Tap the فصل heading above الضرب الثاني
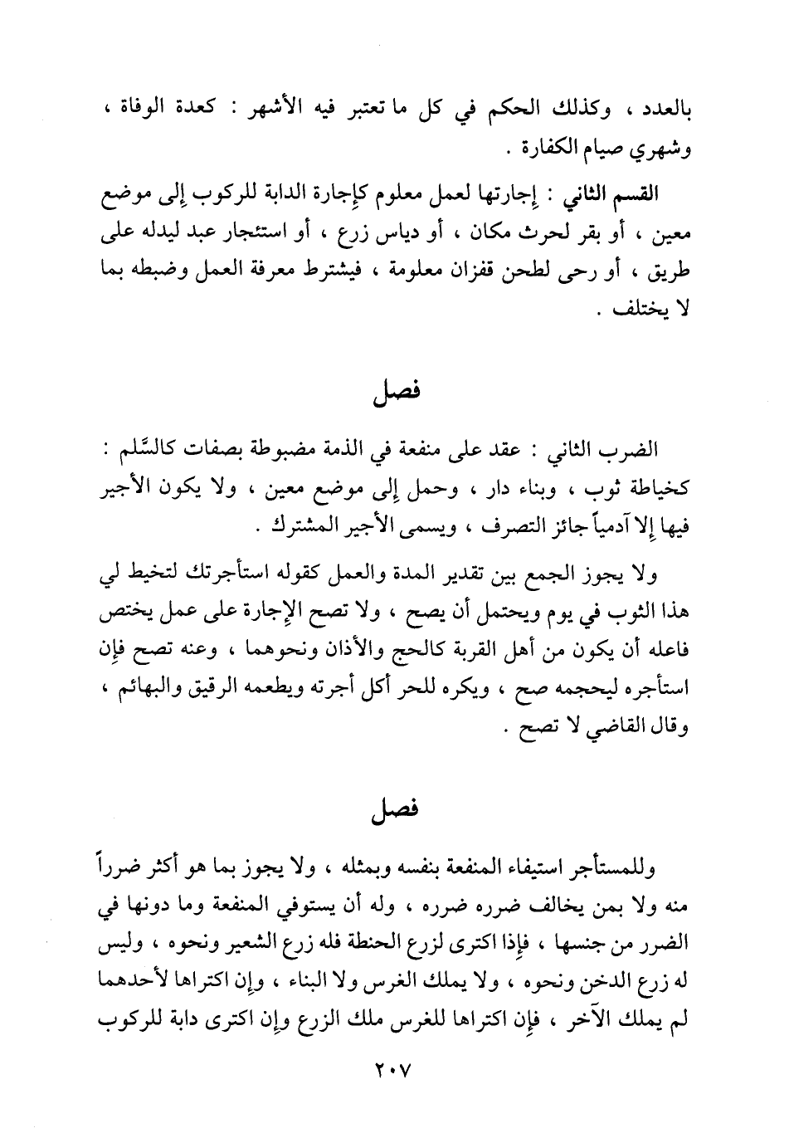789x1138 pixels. (396, 391)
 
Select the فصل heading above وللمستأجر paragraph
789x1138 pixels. (396, 809)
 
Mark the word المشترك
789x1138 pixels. (295, 527)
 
